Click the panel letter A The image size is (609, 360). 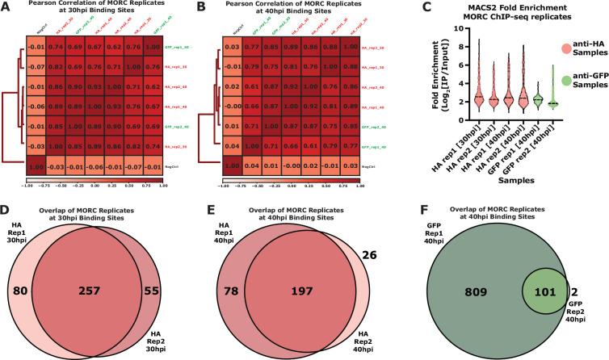(7, 6)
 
